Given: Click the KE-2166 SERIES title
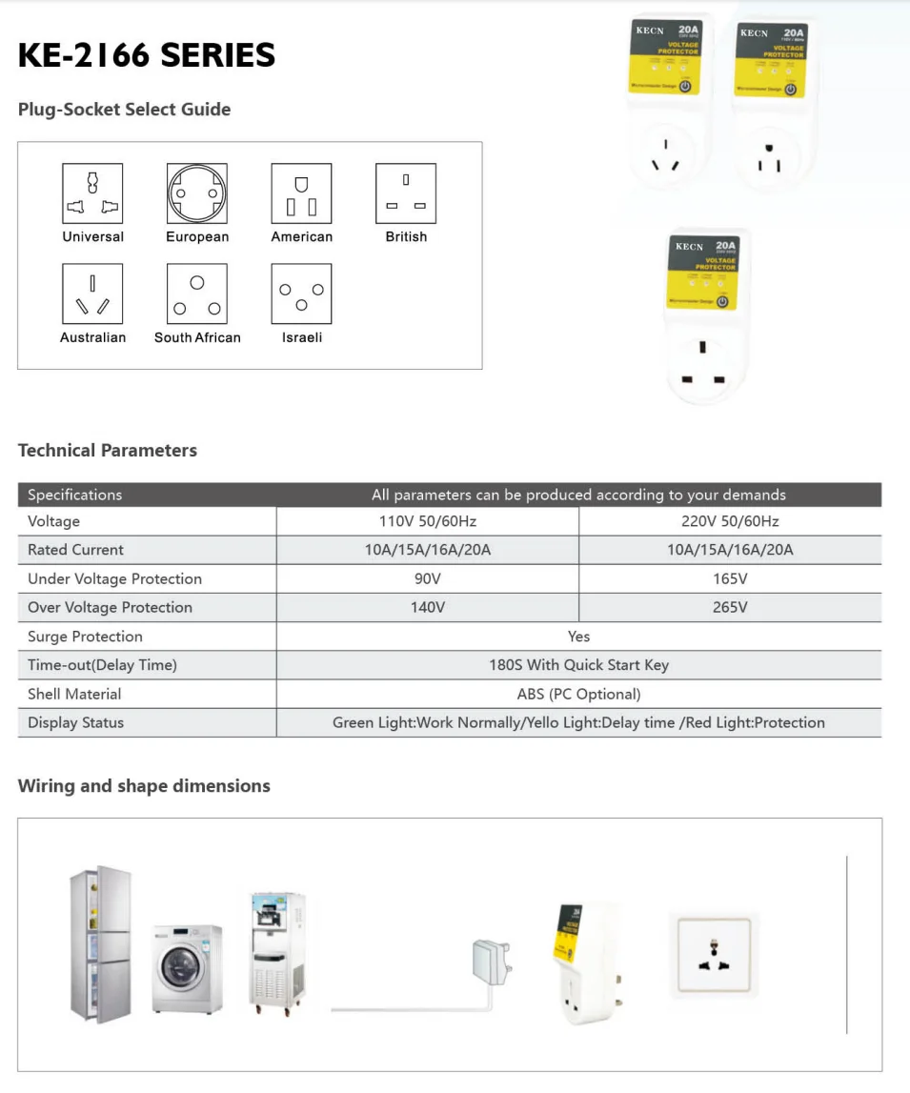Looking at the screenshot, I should coord(147,55).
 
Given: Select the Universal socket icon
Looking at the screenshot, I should coord(92,193).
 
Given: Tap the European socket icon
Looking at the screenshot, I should coord(197,193).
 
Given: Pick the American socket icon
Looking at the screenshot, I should coord(301,193).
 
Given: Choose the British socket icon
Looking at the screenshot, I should coord(406,193).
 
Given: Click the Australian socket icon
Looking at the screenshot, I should coord(92,294).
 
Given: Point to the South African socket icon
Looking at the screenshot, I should coord(197,294).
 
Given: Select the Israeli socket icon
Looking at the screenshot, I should coord(301,294).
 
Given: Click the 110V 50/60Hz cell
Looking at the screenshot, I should coord(427,521).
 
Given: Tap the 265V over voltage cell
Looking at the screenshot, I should coord(730,607).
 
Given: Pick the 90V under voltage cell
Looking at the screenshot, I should coord(427,578).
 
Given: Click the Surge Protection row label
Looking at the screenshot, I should coord(85,637).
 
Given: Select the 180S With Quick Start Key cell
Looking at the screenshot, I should coord(578,665).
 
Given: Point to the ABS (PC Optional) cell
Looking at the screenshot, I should coord(578,694).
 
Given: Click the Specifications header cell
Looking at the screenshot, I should coord(75,495).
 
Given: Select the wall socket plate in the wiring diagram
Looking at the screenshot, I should coord(714,955).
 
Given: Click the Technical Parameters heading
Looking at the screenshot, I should coord(108,451).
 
